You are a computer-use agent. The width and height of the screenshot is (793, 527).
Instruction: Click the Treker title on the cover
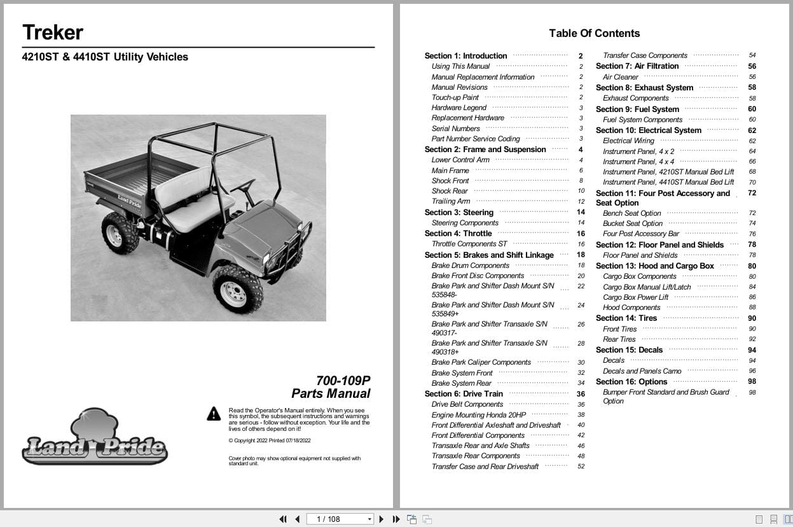click(53, 32)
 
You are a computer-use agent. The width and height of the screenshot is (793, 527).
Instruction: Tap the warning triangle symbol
click(214, 414)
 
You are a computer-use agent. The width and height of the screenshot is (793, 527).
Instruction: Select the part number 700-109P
click(343, 381)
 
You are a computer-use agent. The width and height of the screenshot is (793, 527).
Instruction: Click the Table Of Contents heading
click(594, 33)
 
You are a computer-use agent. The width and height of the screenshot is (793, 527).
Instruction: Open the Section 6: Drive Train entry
click(464, 394)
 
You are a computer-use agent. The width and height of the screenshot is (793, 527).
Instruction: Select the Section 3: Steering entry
click(459, 213)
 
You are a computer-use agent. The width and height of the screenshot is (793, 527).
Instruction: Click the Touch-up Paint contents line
click(455, 97)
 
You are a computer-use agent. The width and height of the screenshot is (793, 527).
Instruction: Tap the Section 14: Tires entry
click(626, 318)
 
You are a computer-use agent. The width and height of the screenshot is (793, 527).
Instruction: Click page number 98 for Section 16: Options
click(752, 382)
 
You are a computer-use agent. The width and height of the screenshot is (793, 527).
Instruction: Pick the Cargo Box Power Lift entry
click(635, 297)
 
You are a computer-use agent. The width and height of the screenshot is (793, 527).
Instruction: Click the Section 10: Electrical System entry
click(649, 130)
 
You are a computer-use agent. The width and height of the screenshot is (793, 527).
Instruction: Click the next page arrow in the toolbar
click(381, 519)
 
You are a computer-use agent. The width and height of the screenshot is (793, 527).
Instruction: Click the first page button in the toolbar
click(282, 519)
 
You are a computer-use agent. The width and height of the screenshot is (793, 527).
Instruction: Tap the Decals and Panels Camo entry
click(642, 371)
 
